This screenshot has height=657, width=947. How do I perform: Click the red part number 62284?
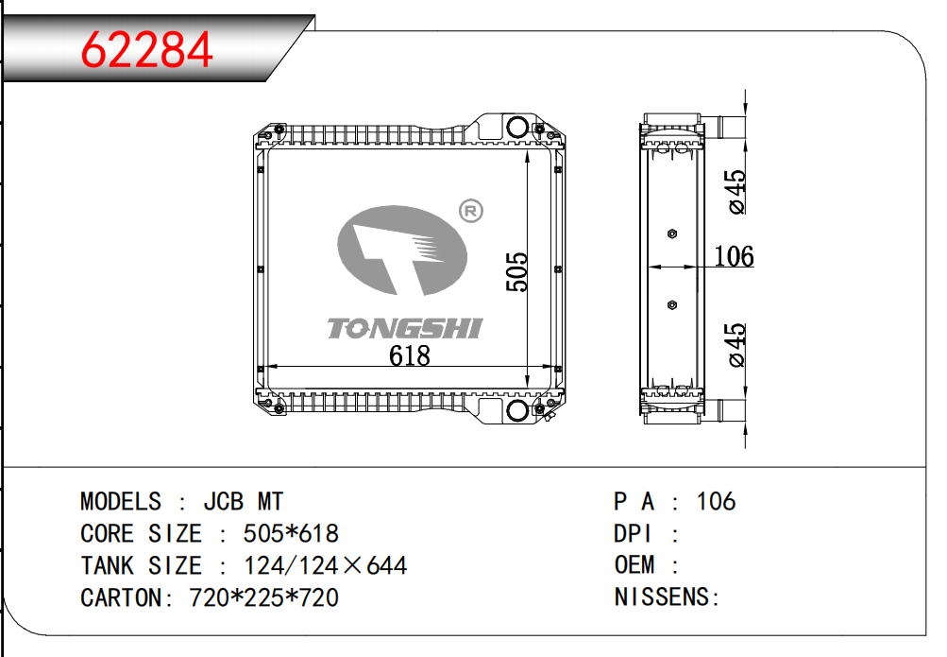147,50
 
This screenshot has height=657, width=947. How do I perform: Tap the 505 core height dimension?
516,271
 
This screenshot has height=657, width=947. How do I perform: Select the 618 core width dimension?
410,355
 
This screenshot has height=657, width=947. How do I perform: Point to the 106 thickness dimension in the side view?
734,255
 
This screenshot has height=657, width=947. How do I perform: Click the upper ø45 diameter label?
736,192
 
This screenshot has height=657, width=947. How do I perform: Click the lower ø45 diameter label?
736,345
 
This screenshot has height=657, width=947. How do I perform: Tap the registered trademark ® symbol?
469,211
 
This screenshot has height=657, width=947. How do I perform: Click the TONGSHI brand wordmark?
404,328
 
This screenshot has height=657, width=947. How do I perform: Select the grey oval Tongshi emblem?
402,251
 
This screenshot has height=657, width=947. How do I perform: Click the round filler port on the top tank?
516,128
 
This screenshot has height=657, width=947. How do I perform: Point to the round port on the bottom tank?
516,411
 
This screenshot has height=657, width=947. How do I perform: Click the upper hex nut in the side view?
671,233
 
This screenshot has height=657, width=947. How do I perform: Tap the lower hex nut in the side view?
671,304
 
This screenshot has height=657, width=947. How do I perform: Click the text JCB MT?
230,501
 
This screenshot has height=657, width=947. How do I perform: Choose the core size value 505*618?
291,533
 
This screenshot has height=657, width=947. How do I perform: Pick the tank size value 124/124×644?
325,565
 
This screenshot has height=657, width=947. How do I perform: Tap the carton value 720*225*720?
264,597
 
